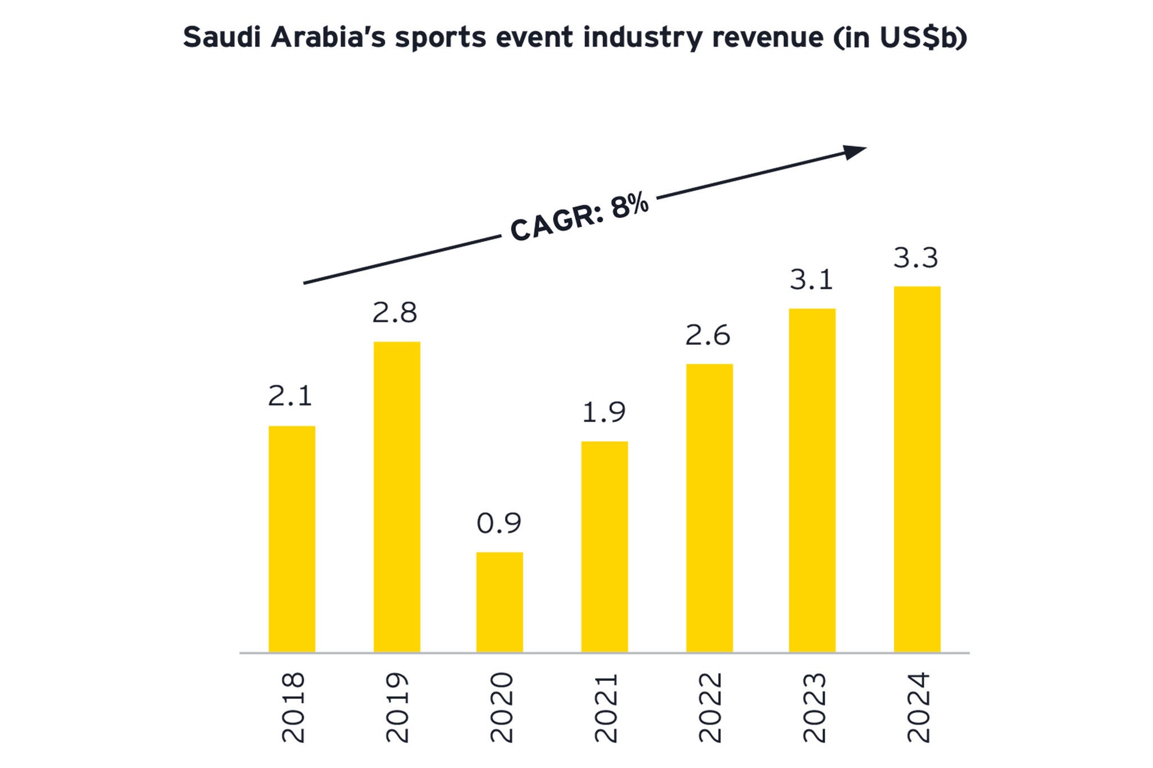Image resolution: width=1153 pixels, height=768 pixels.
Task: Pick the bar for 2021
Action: click(604, 547)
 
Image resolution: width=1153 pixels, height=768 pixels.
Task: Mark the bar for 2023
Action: click(812, 480)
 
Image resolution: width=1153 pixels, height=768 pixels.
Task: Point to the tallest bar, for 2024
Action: click(917, 469)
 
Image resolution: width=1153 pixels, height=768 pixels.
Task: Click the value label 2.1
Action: click(290, 396)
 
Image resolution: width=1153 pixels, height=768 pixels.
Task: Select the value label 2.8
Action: click(395, 313)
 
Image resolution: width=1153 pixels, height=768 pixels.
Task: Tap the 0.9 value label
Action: click(499, 523)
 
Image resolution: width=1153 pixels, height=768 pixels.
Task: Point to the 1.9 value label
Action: click(604, 412)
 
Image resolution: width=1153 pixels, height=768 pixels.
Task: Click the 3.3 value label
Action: click(916, 258)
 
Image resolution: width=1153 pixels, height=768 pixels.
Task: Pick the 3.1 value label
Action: click(811, 280)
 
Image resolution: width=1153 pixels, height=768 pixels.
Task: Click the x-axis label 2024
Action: click(919, 707)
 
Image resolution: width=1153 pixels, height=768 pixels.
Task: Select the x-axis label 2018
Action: click(293, 707)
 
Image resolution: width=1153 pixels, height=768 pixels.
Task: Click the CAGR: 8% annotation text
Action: click(579, 217)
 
